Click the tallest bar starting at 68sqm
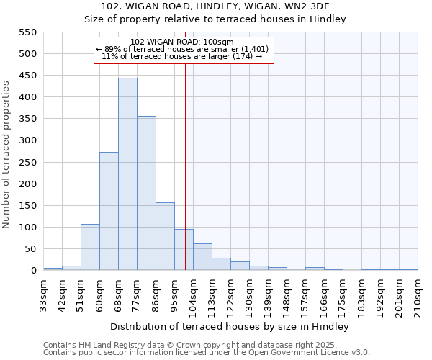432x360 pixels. [x=127, y=174]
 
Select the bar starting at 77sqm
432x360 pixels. [x=146, y=193]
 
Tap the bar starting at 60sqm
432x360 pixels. [x=109, y=211]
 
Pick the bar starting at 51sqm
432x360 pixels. [x=90, y=247]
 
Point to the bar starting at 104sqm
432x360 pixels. [x=202, y=257]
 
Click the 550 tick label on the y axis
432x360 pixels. [x=27, y=32]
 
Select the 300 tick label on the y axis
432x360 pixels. [x=27, y=140]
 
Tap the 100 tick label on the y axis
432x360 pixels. [x=27, y=228]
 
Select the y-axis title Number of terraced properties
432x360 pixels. [x=6, y=155]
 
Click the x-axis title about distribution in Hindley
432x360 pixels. [x=230, y=327]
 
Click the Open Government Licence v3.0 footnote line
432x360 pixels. [x=207, y=353]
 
